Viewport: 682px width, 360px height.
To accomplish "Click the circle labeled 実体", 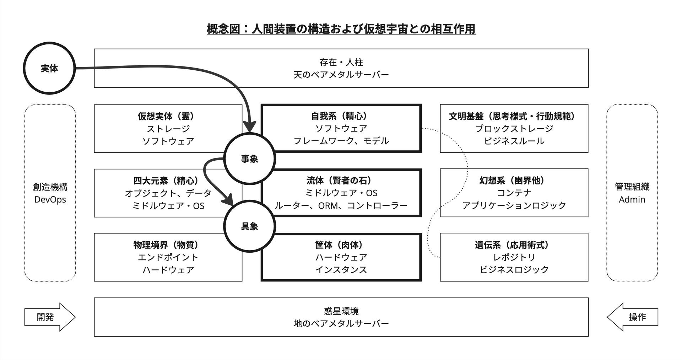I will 49,68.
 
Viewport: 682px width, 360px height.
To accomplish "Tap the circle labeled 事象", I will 249,159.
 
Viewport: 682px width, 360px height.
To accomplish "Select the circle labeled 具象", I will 249,226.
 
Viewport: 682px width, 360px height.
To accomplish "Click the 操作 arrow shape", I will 633,317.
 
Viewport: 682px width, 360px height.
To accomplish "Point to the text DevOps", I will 50,200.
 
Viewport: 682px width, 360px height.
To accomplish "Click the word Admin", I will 632,200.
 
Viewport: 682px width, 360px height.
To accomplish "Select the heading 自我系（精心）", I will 341,116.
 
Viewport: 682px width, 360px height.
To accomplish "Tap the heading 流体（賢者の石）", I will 341,181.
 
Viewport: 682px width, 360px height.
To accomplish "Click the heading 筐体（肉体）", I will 341,245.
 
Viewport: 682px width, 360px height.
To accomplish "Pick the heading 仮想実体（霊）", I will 168,116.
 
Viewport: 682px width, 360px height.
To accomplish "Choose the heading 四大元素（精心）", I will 168,181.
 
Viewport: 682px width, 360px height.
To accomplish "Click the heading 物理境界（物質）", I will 168,245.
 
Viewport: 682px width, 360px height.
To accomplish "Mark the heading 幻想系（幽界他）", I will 514,181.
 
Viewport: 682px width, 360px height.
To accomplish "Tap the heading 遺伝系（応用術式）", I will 514,245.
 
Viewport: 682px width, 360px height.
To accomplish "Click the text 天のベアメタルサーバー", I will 341,75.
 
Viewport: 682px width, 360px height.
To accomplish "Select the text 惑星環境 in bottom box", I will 341,311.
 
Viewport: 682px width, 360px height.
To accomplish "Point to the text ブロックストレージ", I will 514,128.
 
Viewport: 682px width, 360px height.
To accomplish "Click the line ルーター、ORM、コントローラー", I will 341,205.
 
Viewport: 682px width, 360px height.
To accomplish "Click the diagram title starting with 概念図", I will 341,29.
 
